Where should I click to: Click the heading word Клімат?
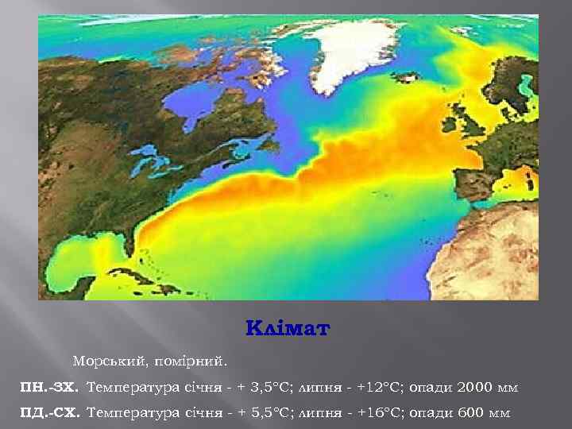click(287, 328)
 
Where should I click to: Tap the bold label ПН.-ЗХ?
click(49, 388)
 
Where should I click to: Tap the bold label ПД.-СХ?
click(49, 413)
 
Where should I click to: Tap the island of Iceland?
click(408, 77)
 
